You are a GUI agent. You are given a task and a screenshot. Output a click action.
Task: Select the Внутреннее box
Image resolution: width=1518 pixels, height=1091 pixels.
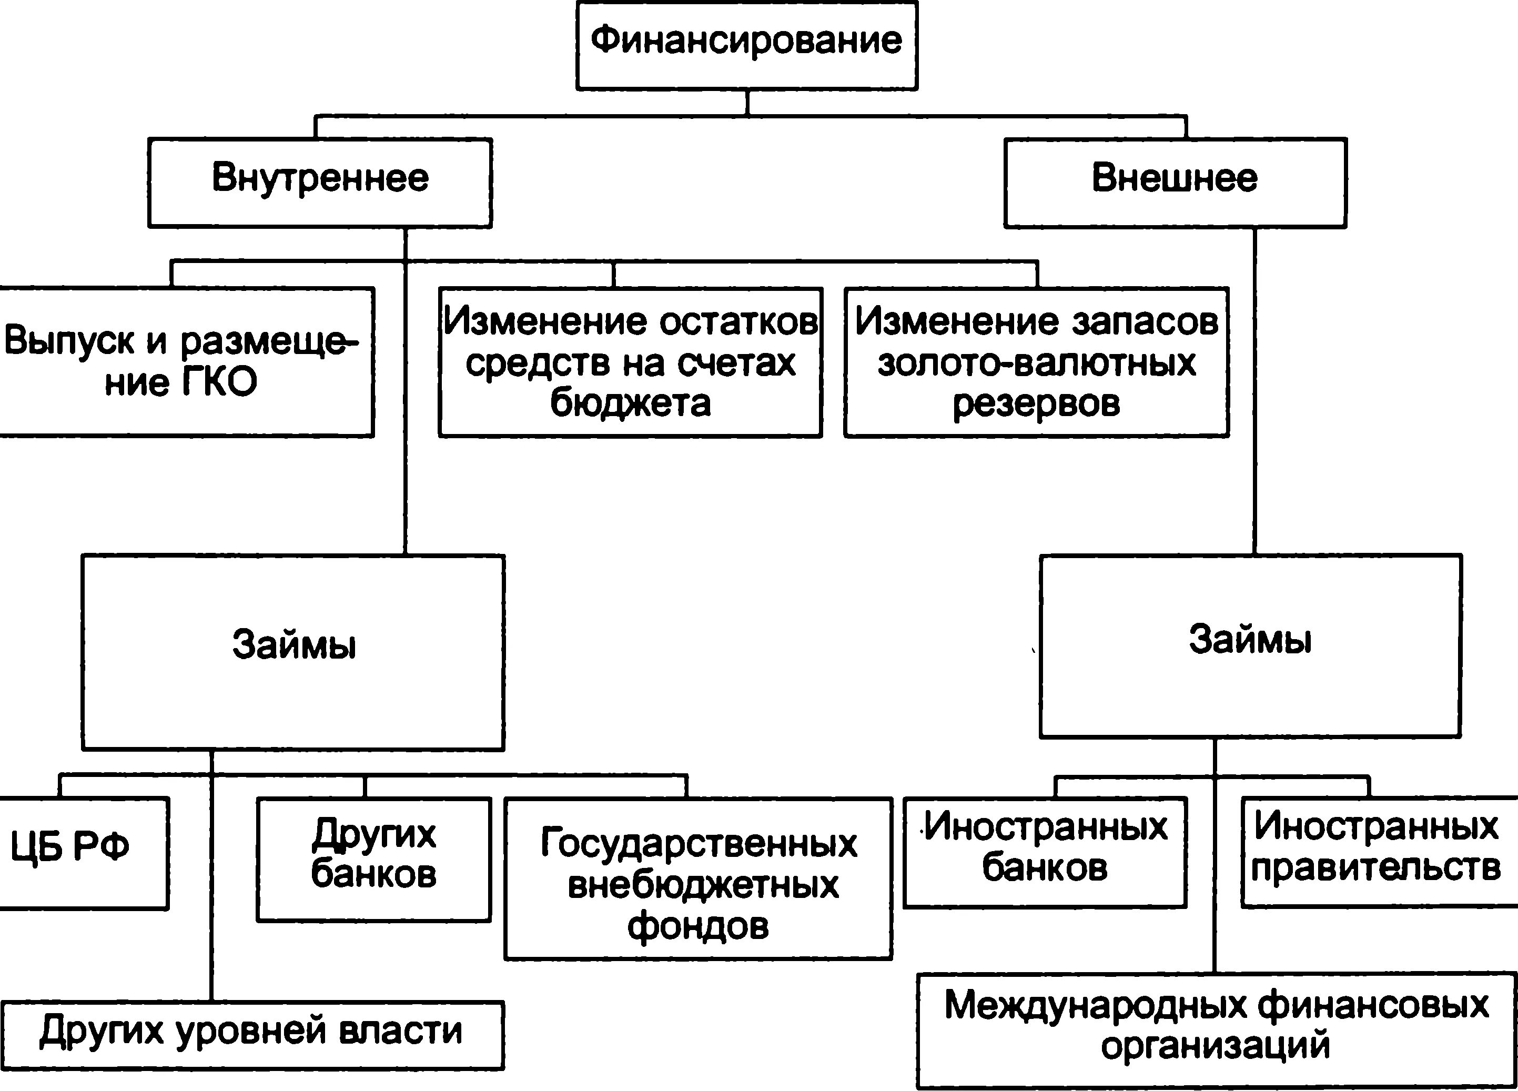(320, 182)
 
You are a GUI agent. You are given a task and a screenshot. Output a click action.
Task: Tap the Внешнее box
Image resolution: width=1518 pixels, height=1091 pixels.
(1175, 182)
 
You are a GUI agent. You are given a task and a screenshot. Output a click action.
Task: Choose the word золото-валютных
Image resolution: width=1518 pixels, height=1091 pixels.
(1036, 363)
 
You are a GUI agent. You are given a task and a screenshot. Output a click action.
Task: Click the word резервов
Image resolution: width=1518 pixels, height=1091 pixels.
(1036, 403)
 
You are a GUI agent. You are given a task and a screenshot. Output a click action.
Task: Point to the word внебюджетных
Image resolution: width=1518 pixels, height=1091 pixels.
(703, 885)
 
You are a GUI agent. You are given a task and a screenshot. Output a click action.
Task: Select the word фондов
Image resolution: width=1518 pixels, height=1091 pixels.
(697, 926)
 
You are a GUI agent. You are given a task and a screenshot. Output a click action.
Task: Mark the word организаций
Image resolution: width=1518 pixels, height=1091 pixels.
(1215, 1045)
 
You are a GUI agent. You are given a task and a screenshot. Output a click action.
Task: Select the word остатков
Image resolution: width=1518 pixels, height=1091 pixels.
(738, 322)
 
